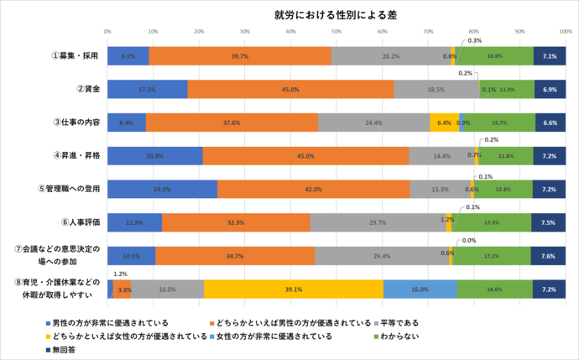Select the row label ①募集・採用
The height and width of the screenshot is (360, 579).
(x=75, y=55)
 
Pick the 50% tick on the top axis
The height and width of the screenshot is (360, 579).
(x=336, y=32)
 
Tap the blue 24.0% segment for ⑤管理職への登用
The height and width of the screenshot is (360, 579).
(x=162, y=189)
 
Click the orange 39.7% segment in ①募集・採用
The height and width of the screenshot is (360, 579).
(x=239, y=55)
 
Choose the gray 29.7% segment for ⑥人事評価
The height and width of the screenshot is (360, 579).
(x=378, y=222)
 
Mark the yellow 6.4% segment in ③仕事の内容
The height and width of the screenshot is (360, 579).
(x=444, y=123)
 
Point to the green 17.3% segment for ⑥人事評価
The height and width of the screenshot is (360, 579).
(x=492, y=222)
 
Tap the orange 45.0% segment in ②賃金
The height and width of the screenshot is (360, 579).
(x=290, y=88)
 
